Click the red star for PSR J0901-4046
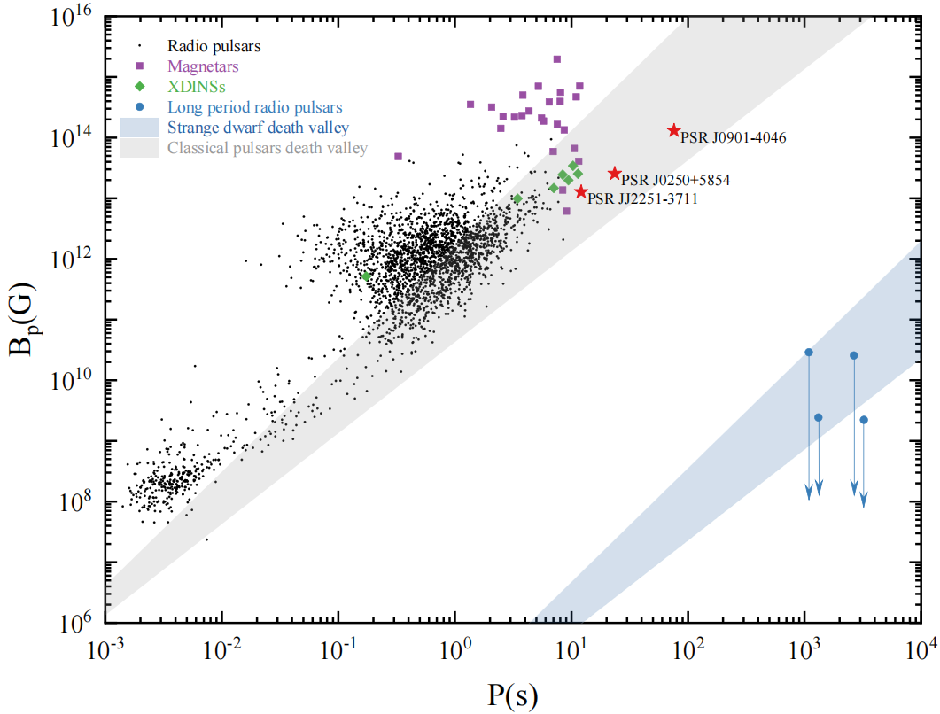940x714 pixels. point(674,130)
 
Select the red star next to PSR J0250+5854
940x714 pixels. point(615,174)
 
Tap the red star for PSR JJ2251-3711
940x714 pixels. point(581,191)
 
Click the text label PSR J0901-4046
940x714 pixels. point(733,138)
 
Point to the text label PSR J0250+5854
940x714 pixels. point(676,181)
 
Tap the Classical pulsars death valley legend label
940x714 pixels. point(267,149)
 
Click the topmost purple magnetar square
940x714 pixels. point(557,59)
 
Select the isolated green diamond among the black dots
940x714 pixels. point(366,276)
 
